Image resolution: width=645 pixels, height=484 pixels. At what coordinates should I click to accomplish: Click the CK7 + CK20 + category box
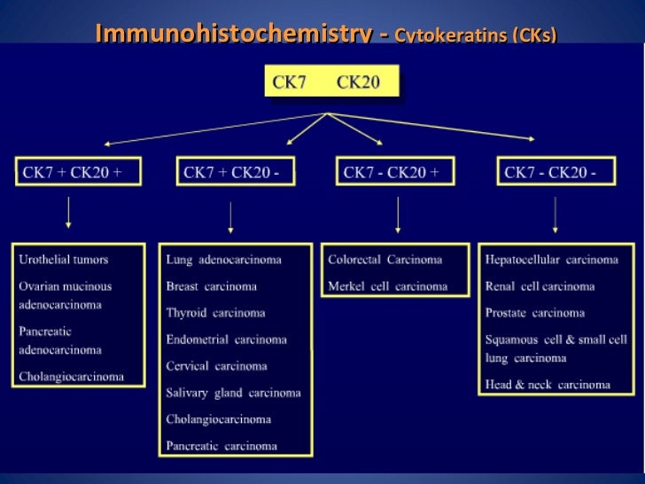78,172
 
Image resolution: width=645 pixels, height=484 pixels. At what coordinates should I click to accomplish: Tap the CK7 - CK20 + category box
395,172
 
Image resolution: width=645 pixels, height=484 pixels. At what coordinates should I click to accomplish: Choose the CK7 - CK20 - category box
557,172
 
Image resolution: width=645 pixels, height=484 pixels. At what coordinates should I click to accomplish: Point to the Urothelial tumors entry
64,260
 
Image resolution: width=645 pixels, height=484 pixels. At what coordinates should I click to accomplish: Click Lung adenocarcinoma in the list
223,260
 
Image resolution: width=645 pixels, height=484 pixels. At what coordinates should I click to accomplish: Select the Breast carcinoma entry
211,286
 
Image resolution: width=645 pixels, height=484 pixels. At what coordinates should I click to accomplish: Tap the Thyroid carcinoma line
214,313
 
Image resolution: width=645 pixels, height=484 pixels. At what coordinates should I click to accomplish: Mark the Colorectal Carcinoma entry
385,260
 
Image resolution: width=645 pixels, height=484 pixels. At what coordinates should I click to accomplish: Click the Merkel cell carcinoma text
387,286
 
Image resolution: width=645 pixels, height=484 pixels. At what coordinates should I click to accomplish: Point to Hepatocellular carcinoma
551,260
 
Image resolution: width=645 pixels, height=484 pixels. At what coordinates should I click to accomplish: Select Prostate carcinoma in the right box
534,313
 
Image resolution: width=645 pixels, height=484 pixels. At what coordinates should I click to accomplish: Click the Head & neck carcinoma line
548,385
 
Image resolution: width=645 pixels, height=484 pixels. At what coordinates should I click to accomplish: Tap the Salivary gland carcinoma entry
233,393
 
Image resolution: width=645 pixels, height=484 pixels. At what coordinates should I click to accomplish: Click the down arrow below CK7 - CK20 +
398,216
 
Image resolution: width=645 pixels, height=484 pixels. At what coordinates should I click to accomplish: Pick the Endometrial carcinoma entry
226,340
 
